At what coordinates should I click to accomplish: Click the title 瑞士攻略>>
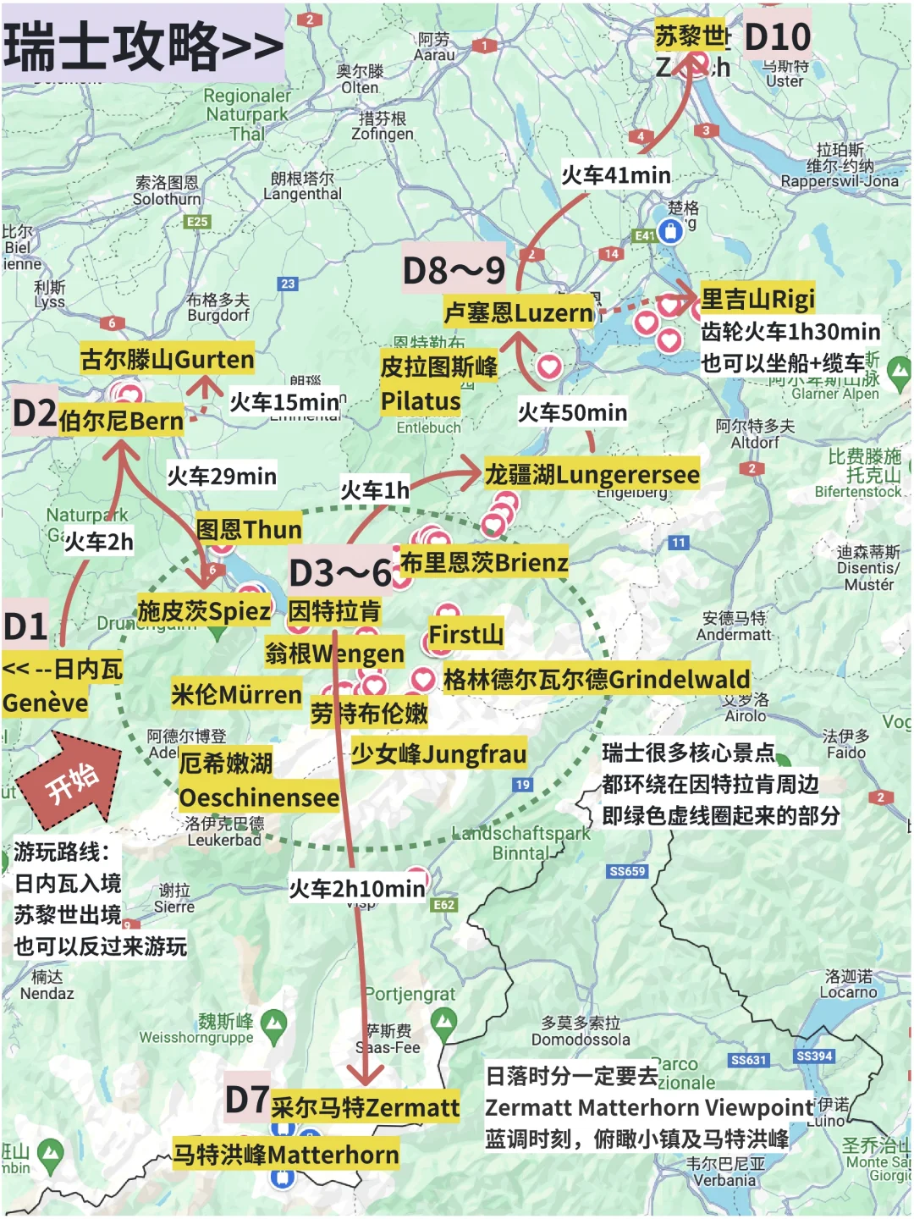pos(142,46)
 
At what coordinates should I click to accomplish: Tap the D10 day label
pos(777,37)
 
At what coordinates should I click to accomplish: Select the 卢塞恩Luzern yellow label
pos(519,312)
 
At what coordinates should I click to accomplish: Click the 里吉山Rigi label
pos(757,298)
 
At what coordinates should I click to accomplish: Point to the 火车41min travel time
pos(616,175)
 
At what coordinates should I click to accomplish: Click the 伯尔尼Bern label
pos(121,421)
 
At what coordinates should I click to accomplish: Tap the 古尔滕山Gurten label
pos(167,359)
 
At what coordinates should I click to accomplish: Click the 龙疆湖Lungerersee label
pos(592,474)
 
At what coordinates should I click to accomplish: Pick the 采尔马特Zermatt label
pos(365,1107)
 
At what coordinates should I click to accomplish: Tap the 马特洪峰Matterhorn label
pos(286,1155)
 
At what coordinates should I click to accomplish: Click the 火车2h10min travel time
pos(356,889)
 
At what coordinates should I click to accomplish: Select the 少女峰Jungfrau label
pos(438,753)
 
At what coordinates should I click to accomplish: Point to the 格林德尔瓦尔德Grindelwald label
pos(597,679)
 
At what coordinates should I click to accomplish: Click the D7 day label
pos(246,1100)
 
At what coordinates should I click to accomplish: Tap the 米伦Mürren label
pos(236,695)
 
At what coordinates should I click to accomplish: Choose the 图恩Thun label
pos(249,530)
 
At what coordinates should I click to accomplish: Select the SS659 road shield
pos(627,871)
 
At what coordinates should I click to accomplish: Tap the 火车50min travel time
pos(572,412)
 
